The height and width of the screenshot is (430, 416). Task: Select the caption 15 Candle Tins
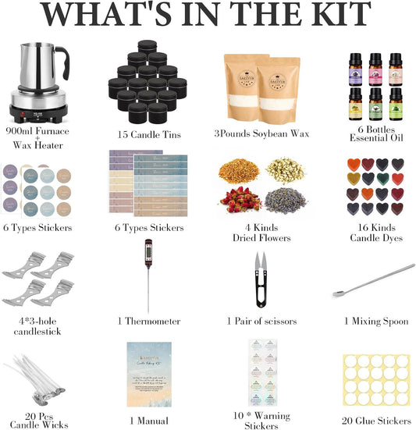[x=148, y=133]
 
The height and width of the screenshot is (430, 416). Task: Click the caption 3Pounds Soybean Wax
[x=261, y=133]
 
